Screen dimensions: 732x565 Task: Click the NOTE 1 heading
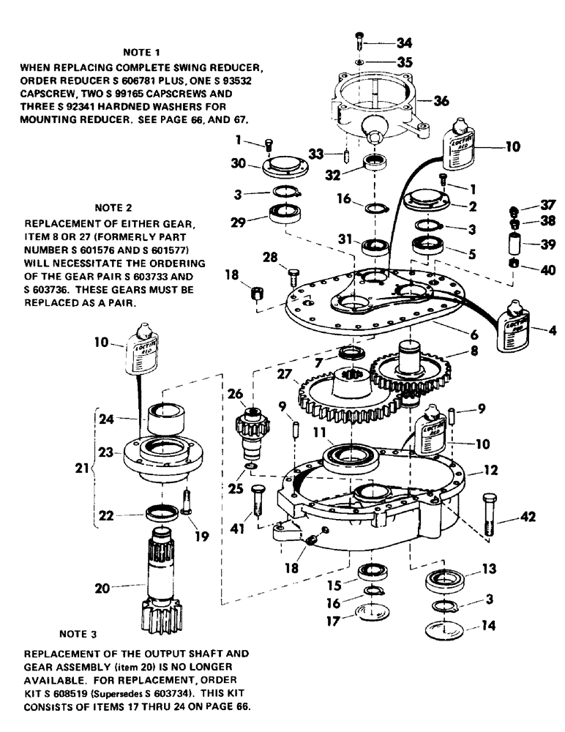(x=142, y=53)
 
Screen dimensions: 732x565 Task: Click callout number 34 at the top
(x=404, y=42)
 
